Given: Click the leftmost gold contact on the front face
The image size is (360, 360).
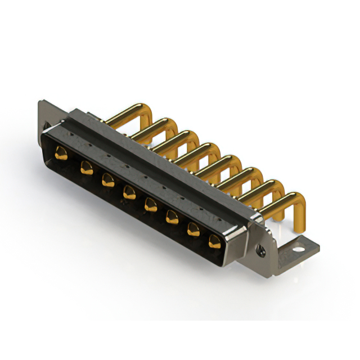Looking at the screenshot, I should coord(61,152).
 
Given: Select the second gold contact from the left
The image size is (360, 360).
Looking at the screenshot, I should coord(86,166).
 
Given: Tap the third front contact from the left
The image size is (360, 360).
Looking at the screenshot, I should coord(107,180).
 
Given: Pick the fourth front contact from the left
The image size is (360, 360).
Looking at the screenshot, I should coord(129,192).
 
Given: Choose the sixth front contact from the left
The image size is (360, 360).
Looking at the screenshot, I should coord(172,217).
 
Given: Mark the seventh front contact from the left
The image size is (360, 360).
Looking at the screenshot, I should coord(193,228).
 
